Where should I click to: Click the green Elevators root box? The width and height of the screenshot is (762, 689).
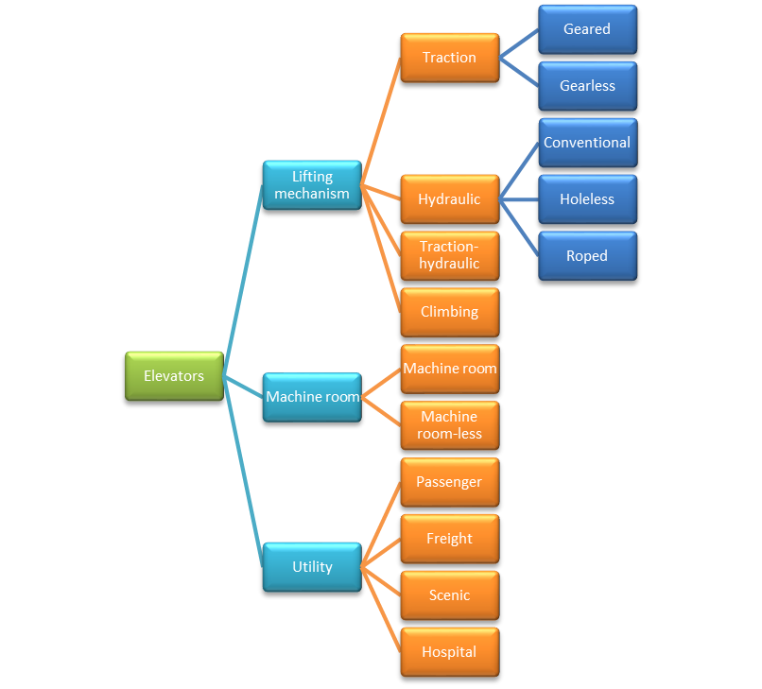[174, 376]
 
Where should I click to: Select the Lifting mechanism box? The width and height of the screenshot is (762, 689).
[312, 185]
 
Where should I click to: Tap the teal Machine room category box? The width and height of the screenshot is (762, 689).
[312, 397]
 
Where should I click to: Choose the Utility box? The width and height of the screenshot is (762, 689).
[312, 567]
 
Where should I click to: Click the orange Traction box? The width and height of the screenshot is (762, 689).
[449, 58]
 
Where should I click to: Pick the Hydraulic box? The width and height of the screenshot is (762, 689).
[449, 199]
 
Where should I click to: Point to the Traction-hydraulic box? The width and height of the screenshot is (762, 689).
[449, 255]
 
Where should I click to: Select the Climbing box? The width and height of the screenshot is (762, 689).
[449, 312]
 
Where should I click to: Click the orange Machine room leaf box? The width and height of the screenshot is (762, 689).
[449, 369]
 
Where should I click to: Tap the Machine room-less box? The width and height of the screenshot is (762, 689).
[449, 425]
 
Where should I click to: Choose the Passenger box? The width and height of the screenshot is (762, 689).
[449, 482]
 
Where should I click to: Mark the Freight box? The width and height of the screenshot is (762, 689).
[449, 539]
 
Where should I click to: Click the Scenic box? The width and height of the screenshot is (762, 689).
[449, 595]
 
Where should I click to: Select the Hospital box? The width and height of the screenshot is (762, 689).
[449, 652]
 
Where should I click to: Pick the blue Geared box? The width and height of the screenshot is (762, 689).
[587, 29]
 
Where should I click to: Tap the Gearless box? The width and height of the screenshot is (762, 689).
[587, 86]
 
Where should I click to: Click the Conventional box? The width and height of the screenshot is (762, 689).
[587, 143]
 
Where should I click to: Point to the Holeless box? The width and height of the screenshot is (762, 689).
[587, 199]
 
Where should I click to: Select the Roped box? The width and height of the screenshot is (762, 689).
[587, 256]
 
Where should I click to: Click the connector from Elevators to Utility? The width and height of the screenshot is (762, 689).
[243, 473]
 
